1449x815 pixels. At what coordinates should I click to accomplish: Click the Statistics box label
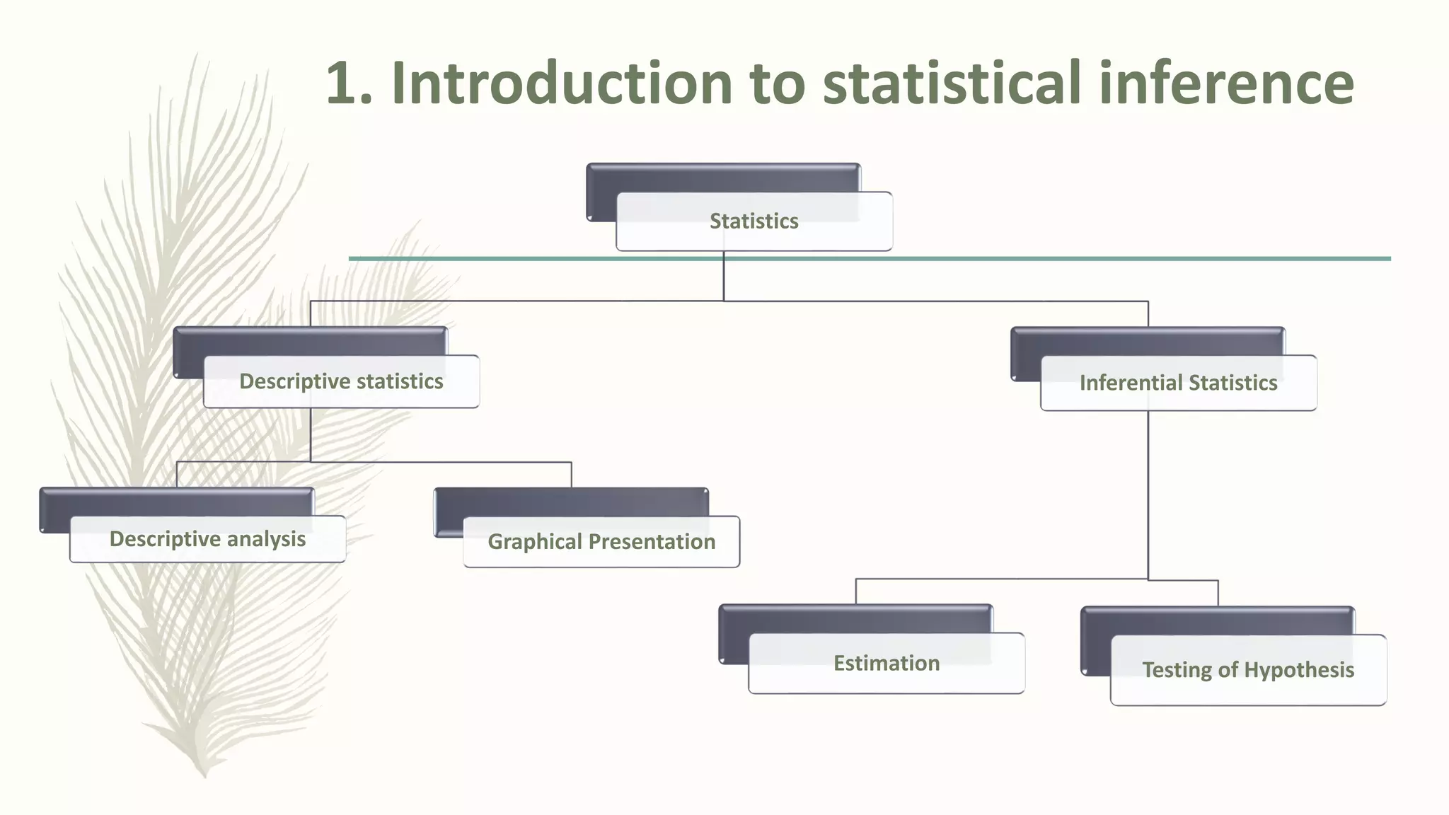[x=754, y=221]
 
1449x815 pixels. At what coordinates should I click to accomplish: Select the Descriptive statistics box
[x=341, y=382]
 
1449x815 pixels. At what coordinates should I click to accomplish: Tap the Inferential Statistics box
[x=1178, y=383]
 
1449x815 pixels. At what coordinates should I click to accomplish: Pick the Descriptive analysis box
[x=207, y=540]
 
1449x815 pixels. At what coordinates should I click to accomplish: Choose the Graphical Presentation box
[x=601, y=542]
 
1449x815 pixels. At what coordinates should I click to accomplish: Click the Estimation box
[x=886, y=664]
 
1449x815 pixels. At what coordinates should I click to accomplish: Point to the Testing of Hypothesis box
[x=1248, y=670]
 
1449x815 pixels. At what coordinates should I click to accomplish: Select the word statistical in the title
[x=952, y=83]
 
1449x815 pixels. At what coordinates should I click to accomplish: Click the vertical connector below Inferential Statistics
[x=1148, y=495]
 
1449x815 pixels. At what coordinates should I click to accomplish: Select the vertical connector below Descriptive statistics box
[x=311, y=435]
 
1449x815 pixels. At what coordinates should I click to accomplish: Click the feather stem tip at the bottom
[x=204, y=775]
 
